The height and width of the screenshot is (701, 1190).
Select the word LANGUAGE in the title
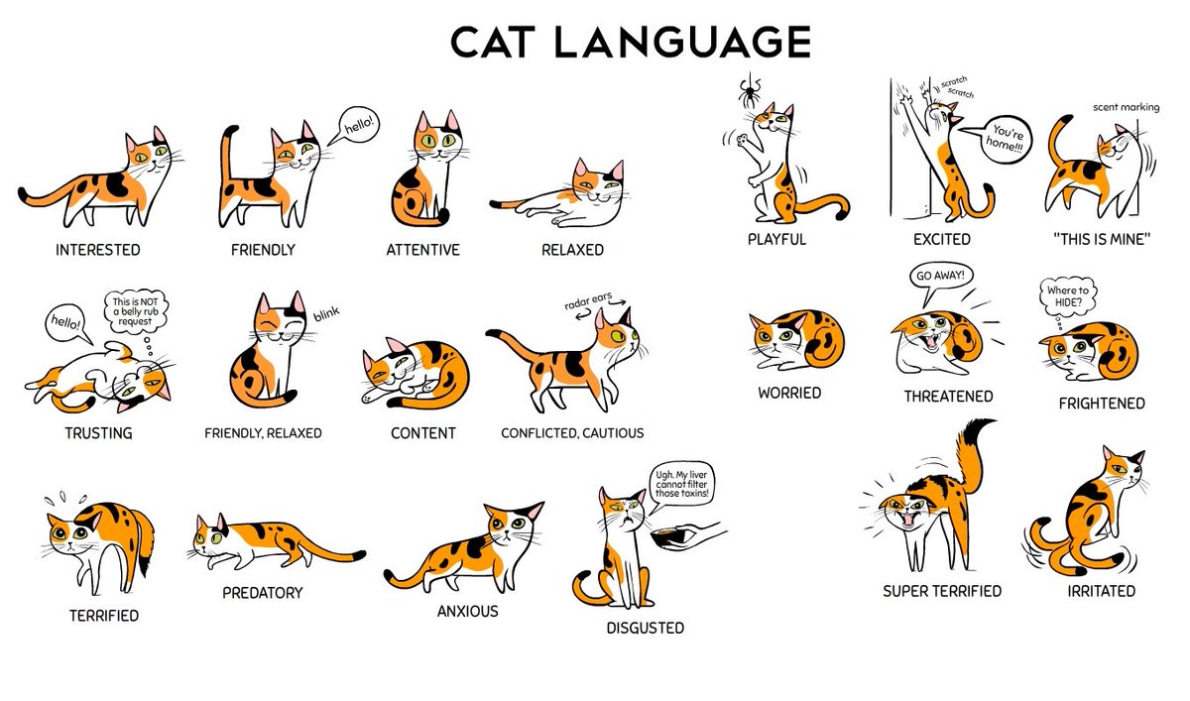[681, 42]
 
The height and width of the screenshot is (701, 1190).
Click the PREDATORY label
[263, 593]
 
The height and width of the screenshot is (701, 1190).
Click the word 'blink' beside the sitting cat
[326, 314]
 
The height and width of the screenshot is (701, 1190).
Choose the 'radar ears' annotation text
[588, 300]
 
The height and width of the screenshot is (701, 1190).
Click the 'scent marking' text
[1126, 107]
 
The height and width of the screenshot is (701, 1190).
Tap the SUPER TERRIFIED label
[942, 591]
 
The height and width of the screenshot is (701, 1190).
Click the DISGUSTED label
[645, 629]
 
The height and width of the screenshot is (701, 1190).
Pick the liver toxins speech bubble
[681, 484]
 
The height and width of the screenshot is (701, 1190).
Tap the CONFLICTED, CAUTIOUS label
[572, 433]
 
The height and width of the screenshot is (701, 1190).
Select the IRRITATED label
[1102, 591]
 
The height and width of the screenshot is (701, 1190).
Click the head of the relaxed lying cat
[597, 183]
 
